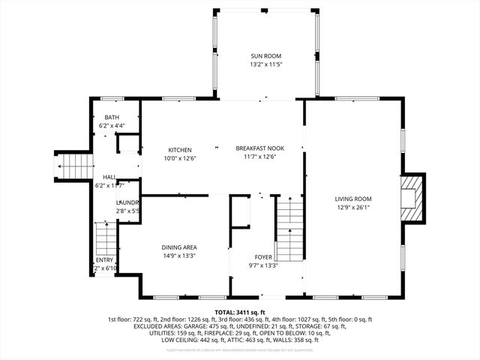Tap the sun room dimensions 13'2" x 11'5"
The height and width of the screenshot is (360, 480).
[266, 64]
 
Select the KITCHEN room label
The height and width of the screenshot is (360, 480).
[180, 149]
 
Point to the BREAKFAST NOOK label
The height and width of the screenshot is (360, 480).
[259, 148]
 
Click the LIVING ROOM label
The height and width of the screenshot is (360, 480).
[353, 199]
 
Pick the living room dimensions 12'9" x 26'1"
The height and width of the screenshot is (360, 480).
[353, 208]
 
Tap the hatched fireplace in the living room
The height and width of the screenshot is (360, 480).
[412, 197]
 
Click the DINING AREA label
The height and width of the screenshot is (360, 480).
[179, 247]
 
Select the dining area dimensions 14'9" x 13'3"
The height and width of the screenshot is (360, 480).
[179, 256]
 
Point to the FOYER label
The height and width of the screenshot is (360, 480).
[263, 256]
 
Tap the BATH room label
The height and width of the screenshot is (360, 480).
[112, 117]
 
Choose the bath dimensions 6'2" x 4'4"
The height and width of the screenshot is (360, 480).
[112, 126]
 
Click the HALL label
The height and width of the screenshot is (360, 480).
[109, 176]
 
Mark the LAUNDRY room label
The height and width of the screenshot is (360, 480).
[127, 202]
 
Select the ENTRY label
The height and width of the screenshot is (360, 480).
[104, 259]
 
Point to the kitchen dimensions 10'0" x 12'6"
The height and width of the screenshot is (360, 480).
[180, 157]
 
